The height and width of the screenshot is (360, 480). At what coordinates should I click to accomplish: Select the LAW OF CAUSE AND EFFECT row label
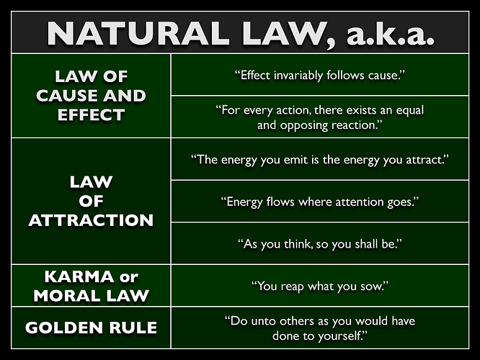click(x=90, y=95)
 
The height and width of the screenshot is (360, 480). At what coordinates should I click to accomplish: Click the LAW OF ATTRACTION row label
click(x=91, y=201)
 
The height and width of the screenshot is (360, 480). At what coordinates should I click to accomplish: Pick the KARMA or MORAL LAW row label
click(x=91, y=285)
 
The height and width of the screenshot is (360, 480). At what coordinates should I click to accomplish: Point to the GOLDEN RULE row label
click(x=91, y=328)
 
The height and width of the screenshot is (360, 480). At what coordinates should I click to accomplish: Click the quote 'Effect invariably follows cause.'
click(x=319, y=76)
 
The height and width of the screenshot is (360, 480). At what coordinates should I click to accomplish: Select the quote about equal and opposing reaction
click(x=319, y=117)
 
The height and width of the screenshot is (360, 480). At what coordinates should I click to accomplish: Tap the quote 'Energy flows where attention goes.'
click(x=319, y=201)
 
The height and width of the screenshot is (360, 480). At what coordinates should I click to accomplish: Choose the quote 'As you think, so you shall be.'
click(x=319, y=243)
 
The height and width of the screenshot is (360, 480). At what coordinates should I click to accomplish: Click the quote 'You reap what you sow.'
click(x=319, y=286)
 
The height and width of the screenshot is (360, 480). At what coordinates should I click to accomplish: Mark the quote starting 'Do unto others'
click(x=319, y=328)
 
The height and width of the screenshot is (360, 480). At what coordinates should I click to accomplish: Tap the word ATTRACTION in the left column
click(x=91, y=220)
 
